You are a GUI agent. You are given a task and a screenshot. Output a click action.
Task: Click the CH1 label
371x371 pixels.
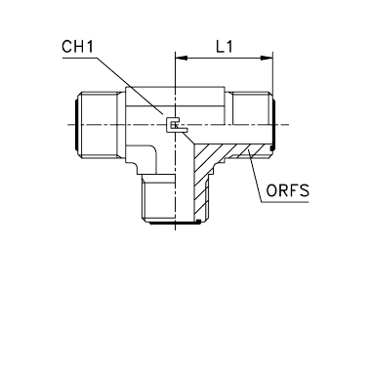pos(77,47)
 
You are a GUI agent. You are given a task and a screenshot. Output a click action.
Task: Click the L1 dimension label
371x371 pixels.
pos(225,47)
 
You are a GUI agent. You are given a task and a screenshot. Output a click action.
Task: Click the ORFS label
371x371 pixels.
pos(288,190)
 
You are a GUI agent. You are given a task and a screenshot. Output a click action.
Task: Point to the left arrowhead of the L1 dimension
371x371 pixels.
pos(182,59)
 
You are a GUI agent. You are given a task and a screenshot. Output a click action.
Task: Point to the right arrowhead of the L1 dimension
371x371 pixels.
pos(267,59)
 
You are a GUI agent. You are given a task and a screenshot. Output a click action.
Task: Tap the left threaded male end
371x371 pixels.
pos(97,125)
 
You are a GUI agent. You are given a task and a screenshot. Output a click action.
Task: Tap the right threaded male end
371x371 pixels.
pos(251,125)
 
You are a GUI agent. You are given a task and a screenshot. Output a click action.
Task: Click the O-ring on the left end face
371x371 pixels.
pos(76,125)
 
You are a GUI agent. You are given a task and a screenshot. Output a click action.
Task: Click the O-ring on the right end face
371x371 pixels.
pos(274,125)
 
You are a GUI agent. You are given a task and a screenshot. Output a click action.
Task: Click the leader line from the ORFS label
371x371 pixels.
pos(255,176)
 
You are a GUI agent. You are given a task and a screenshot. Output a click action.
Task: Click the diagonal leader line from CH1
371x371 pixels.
pos(130,86)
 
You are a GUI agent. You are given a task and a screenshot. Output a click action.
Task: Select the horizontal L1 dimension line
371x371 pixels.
pos(224,59)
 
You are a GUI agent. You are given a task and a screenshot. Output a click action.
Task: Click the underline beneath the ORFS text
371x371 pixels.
pos(285,202)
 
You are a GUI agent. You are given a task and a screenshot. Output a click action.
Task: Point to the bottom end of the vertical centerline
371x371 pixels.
pos(176,230)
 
